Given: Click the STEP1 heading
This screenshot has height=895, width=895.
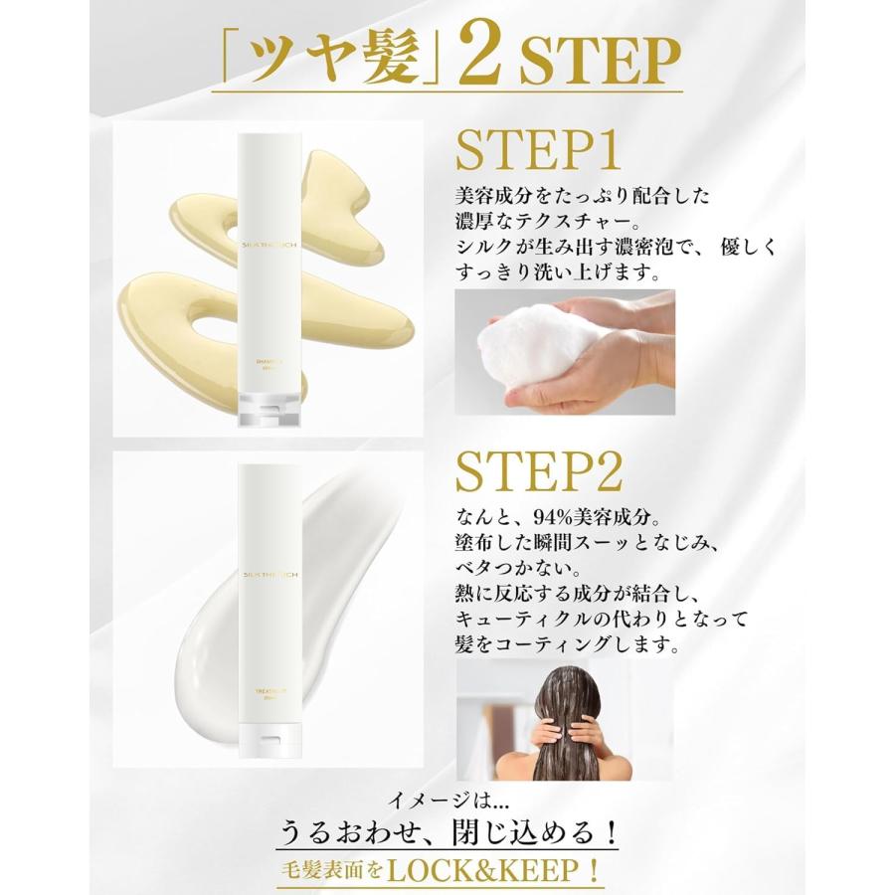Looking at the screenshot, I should (539, 151).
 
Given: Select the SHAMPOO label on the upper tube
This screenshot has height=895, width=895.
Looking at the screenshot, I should (269, 362).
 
